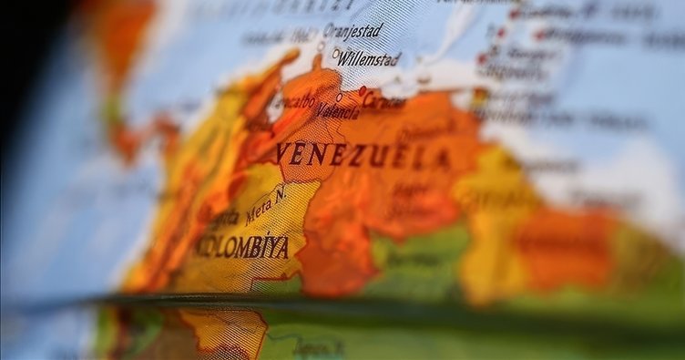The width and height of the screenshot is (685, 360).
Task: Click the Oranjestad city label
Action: coord(353,31)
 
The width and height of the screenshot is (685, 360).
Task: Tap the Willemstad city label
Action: coord(369,59)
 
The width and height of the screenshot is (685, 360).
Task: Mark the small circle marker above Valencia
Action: coord(339,97)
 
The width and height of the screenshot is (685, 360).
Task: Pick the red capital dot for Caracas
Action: coord(362,91)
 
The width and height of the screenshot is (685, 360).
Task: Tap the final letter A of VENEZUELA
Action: coord(442,160)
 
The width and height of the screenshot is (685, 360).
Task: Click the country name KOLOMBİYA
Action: coord(243,247)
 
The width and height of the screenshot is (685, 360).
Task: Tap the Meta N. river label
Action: coord(265,204)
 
